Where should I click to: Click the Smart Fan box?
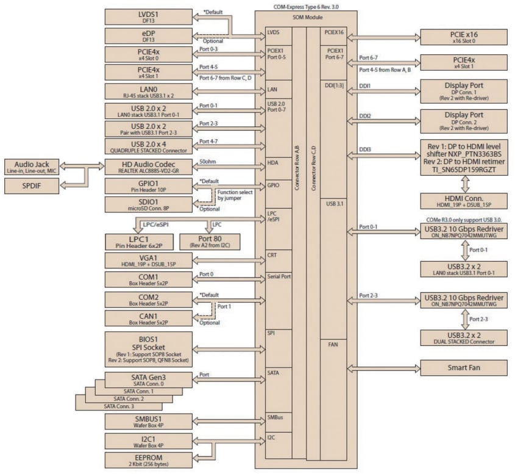click(x=464, y=368)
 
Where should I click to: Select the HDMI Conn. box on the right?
click(x=464, y=200)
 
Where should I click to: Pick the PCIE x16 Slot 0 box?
click(x=464, y=37)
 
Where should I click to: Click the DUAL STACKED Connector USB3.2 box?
click(x=464, y=338)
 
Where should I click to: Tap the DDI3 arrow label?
click(x=365, y=149)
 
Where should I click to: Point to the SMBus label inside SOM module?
click(x=275, y=418)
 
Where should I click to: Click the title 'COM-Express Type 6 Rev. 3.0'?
click(x=306, y=6)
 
